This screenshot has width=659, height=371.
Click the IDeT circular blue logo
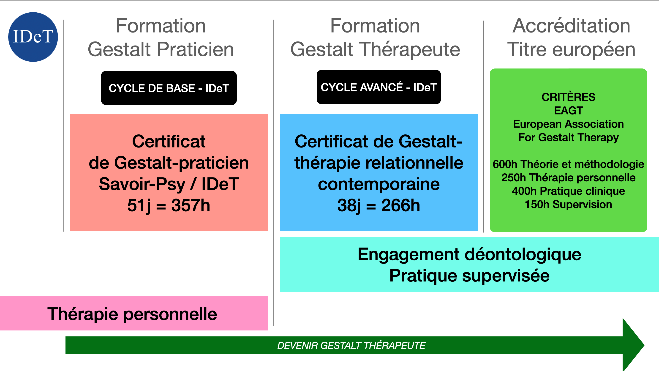(x=33, y=37)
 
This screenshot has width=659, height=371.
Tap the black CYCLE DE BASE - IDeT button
(x=169, y=88)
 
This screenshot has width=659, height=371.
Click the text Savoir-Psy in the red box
(x=142, y=184)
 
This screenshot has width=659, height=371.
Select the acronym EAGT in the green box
(x=568, y=111)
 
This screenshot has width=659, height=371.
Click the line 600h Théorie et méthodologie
(x=568, y=164)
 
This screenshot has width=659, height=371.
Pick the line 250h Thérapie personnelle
(x=568, y=177)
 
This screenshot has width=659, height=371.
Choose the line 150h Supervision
(x=568, y=205)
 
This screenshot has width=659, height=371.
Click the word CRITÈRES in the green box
(x=568, y=97)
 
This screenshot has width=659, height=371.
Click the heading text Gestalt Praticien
(x=161, y=49)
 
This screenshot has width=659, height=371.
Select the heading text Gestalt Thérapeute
(x=375, y=49)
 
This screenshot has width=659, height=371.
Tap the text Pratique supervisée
(x=469, y=276)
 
